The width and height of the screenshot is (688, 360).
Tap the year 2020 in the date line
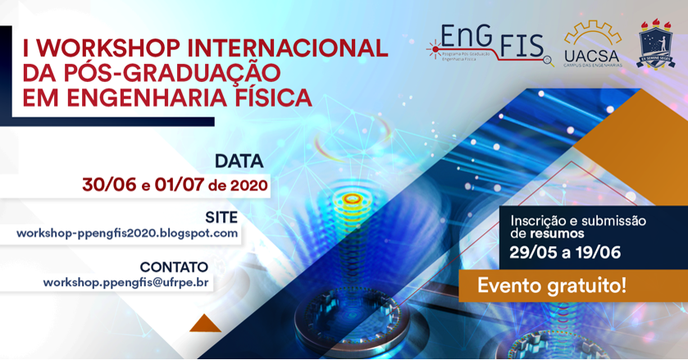click(249, 185)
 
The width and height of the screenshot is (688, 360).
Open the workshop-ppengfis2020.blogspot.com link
click(127, 233)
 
